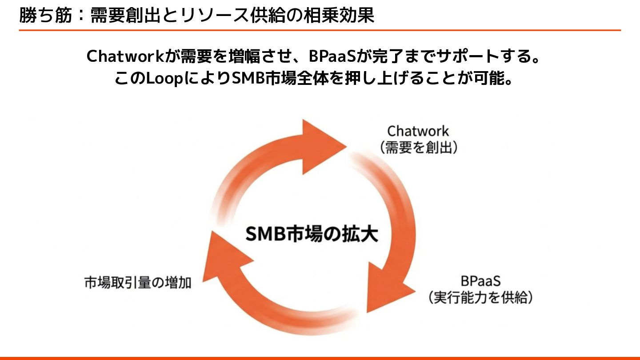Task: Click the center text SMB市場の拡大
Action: point(312,234)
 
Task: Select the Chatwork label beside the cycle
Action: point(418,131)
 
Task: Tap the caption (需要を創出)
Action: point(418,148)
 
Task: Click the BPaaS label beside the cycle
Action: point(480,281)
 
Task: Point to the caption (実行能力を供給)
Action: point(480,297)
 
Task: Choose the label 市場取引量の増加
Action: point(138,283)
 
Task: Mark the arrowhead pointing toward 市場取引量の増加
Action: point(218,253)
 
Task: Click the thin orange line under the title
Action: point(320,30)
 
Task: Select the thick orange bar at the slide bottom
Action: point(320,357)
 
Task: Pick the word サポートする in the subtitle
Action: point(480,56)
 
